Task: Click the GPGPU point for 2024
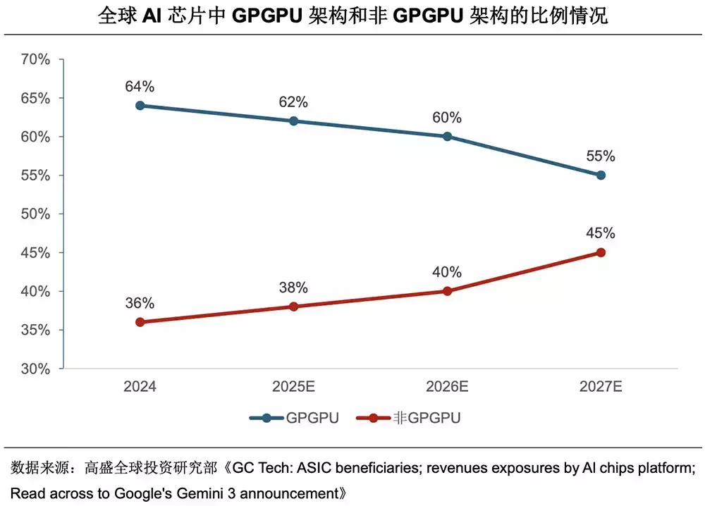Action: [140, 106]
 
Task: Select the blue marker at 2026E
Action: [447, 136]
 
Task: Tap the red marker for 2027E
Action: [601, 252]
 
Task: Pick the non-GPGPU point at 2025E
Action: [293, 307]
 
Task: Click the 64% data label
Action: [140, 87]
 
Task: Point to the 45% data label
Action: [601, 233]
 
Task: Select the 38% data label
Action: [293, 288]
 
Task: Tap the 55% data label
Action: [601, 156]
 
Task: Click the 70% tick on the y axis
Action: [35, 60]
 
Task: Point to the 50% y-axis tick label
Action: [35, 214]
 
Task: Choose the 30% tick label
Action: [35, 369]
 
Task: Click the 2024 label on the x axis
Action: [140, 387]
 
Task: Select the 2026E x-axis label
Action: [447, 387]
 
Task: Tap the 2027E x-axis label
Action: [601, 387]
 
